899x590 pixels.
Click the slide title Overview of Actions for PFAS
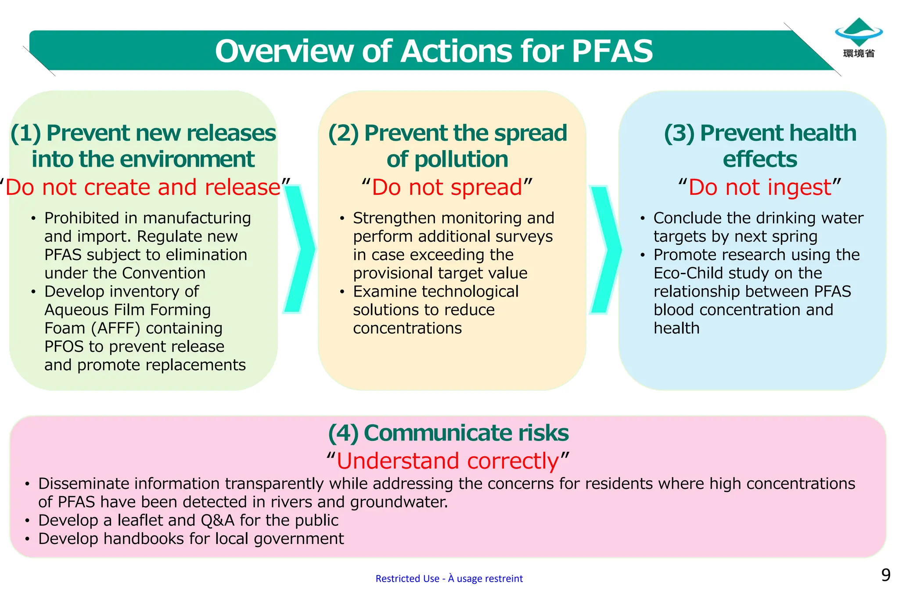click(x=434, y=51)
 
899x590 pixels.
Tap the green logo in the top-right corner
click(x=859, y=32)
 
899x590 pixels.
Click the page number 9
click(x=886, y=575)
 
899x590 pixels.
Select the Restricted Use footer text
click(x=449, y=579)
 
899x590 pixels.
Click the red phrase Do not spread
click(x=447, y=187)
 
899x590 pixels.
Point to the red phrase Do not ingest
click(x=759, y=187)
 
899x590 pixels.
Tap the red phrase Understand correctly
click(x=448, y=461)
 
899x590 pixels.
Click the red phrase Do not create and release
click(x=143, y=187)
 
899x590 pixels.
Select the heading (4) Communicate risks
click(x=448, y=433)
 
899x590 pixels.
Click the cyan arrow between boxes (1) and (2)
click(x=300, y=249)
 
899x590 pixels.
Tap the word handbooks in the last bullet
click(x=145, y=539)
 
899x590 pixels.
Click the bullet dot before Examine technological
click(x=342, y=292)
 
